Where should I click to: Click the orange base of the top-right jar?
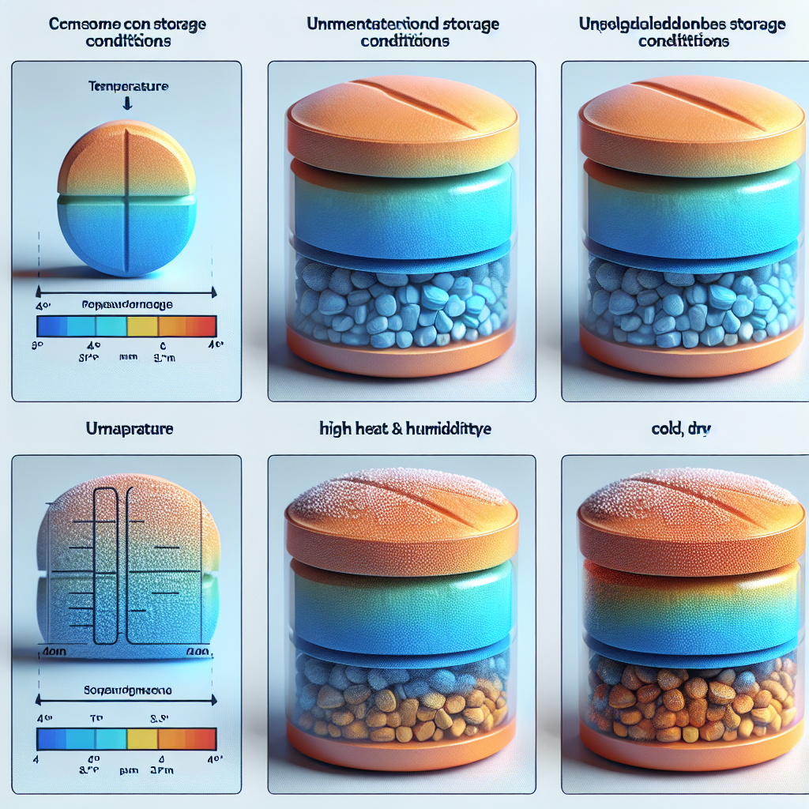[x=685, y=356]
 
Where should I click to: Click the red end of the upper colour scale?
[x=204, y=326]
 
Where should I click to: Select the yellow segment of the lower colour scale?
[x=142, y=739]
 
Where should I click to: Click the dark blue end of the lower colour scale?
[x=51, y=739]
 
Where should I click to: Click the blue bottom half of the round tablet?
[x=126, y=237]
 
